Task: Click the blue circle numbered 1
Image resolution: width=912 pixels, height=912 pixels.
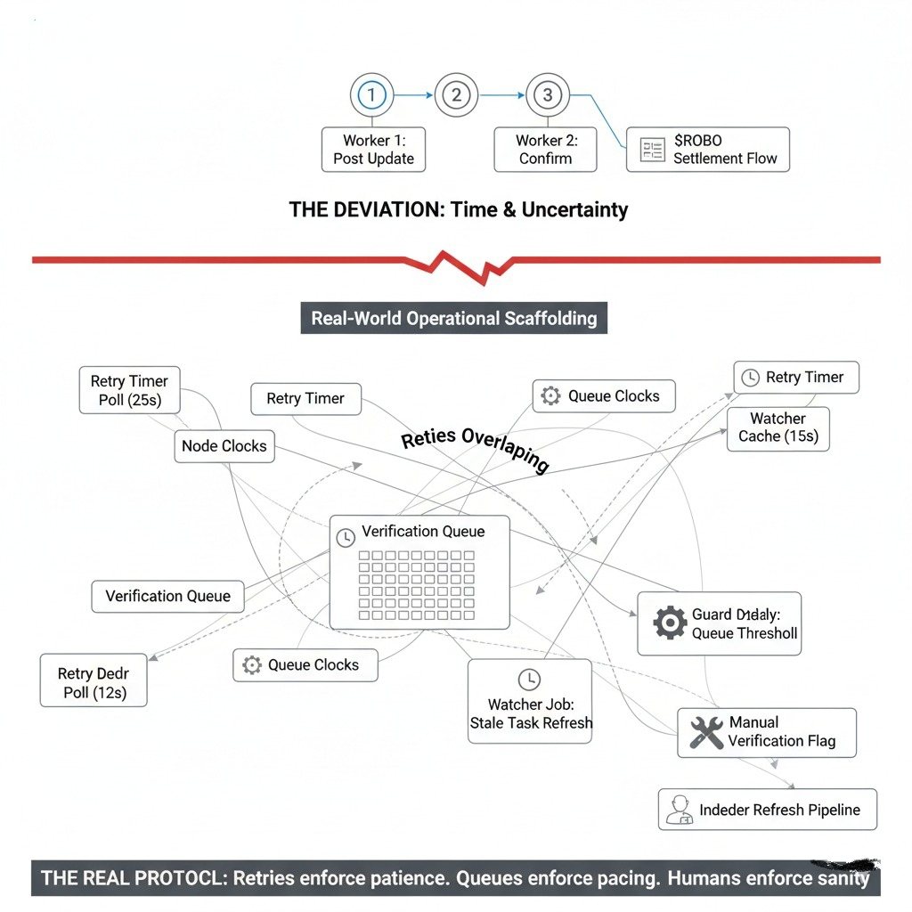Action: coord(371,95)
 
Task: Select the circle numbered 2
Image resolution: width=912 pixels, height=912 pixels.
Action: coord(456,95)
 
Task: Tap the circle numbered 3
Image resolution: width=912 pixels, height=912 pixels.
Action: coord(547,95)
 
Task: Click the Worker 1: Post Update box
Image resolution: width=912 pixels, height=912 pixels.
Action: coord(373,150)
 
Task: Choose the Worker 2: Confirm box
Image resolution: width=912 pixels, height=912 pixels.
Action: coord(546,150)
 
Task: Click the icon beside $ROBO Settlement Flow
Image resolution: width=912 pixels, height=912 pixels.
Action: coord(652,150)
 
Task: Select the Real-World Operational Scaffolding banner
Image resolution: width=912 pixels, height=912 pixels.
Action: coord(453,318)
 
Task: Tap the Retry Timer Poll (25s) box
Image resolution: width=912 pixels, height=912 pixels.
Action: coord(129,390)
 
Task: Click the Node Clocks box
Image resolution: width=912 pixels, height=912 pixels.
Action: coord(224,446)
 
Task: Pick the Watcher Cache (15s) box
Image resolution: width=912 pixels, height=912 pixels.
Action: coord(778,427)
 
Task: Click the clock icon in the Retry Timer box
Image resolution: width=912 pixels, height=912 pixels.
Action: coord(751,378)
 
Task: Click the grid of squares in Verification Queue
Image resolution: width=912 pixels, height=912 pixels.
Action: coord(416,584)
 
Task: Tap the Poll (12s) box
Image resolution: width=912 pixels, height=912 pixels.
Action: coord(94,683)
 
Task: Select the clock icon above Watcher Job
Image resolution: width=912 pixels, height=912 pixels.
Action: coord(529,679)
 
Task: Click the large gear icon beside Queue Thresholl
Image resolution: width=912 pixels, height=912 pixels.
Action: coord(669,622)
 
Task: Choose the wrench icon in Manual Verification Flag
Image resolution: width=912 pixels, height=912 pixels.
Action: coord(706,732)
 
